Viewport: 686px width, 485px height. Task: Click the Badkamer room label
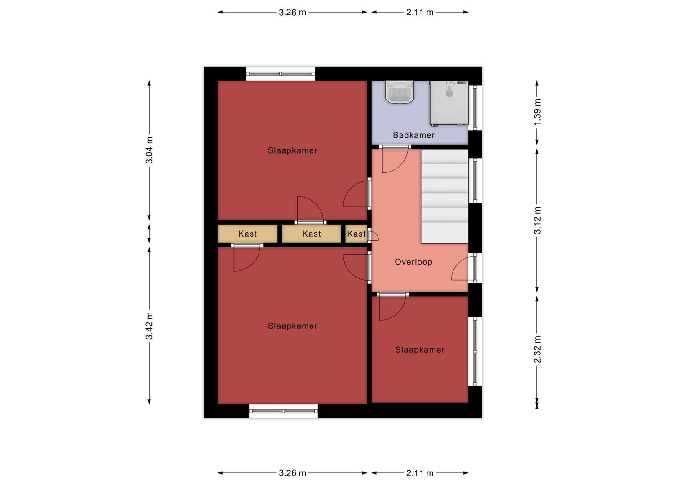[x=413, y=135]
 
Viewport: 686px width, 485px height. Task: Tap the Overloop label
[x=413, y=262]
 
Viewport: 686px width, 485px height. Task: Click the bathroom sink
[x=400, y=92]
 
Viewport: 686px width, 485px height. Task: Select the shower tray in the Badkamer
[x=449, y=103]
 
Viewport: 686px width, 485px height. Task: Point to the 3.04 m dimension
[x=149, y=150]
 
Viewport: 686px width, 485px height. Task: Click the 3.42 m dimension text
[x=149, y=326]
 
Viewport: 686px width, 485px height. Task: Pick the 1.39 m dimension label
[x=537, y=112]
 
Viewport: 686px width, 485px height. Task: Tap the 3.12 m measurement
[x=537, y=220]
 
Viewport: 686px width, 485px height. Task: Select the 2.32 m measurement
[x=537, y=349]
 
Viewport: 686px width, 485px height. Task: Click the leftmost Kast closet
[x=247, y=234]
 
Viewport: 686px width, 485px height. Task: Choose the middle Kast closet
[x=312, y=234]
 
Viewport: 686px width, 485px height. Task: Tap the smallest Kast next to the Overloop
[x=356, y=234]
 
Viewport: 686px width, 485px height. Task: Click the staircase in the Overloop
[x=444, y=196]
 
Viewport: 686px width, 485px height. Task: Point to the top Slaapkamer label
[x=292, y=150]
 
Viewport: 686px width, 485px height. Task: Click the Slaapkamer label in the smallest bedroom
[x=420, y=349]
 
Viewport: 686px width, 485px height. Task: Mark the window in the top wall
[x=281, y=74]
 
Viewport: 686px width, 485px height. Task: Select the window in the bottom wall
[x=283, y=411]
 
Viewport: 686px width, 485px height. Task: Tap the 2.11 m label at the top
[x=420, y=12]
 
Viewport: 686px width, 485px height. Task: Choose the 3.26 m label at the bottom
[x=292, y=473]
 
